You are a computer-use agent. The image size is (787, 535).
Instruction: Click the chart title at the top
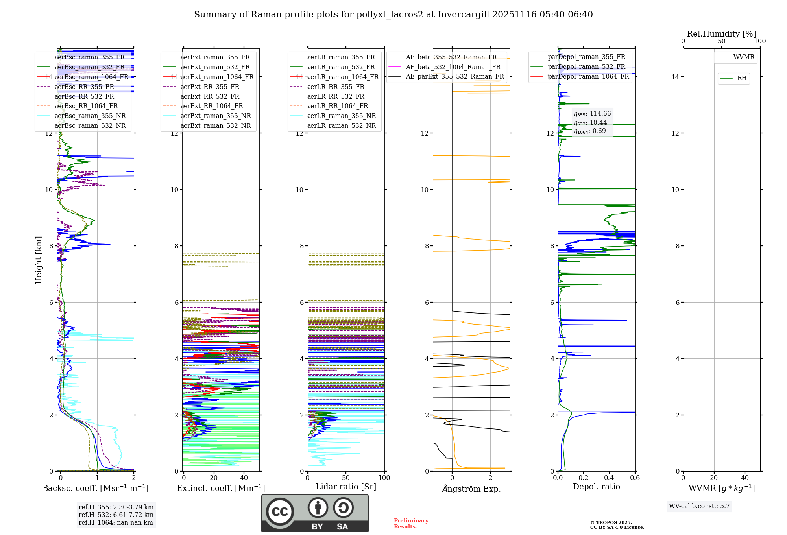point(393,15)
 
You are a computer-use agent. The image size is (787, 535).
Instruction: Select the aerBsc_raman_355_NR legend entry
point(90,116)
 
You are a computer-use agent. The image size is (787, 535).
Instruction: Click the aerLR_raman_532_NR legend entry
point(341,126)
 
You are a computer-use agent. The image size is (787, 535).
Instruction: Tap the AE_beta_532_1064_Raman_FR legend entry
point(453,67)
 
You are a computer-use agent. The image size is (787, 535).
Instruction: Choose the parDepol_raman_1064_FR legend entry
point(588,76)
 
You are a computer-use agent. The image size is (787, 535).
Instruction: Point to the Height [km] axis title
point(39,260)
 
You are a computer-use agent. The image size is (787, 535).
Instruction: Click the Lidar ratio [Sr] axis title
point(345,487)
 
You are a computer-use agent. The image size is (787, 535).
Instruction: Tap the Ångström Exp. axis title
point(471,489)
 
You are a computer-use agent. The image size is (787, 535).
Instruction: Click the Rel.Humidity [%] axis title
point(721,34)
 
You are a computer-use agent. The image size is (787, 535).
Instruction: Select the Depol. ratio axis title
point(596,487)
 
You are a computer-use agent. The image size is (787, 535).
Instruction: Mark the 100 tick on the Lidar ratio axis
point(384,478)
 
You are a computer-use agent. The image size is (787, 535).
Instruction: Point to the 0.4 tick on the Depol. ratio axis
point(609,478)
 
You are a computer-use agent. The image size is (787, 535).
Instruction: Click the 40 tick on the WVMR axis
point(745,478)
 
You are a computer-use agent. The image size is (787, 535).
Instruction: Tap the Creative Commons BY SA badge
point(315,513)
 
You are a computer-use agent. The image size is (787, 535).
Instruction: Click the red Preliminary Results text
point(411,524)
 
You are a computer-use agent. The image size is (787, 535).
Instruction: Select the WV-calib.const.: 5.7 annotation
point(699,506)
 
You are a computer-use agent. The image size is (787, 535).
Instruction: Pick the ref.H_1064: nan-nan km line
point(116,523)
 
